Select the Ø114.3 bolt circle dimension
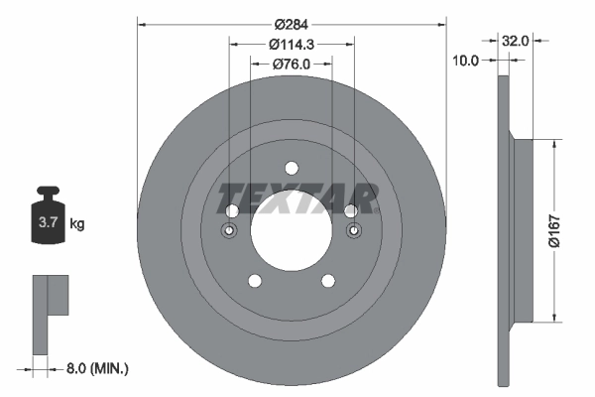291,44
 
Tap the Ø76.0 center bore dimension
291,65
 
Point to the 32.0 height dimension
515,42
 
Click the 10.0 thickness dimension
465,60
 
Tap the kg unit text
77,224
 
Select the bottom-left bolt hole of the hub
254,280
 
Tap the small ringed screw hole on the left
230,232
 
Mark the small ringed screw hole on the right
353,232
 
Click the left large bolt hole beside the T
231,211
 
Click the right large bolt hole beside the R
351,211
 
